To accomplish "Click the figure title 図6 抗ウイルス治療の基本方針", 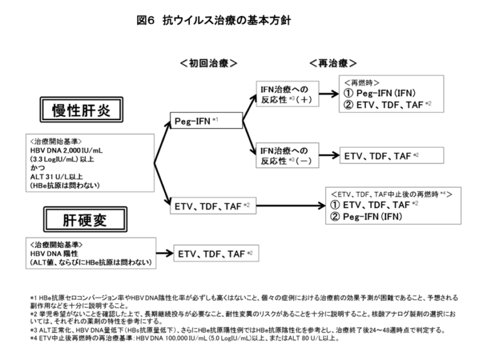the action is tap(214, 21).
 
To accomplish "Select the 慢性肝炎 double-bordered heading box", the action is tap(82, 110).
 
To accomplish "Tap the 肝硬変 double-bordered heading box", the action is tap(86, 220).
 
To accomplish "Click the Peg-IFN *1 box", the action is tap(206, 121).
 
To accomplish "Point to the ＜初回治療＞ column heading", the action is tap(209, 63).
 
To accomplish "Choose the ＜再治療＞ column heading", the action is tap(333, 63).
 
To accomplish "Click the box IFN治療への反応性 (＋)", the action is tap(287, 94).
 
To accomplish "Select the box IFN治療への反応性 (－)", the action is tap(287, 155).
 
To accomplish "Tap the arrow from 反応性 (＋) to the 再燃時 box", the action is tap(329, 94).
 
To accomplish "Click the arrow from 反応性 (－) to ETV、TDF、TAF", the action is tap(329, 155).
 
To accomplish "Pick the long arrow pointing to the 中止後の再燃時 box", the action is tap(291, 205).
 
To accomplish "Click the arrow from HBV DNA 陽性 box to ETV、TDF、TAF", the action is tap(165, 253).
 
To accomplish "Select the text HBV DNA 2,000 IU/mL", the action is tap(67, 150).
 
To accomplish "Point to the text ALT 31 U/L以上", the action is tap(57, 177).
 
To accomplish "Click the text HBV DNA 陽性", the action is tap(54, 254).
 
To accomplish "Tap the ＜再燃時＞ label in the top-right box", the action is tap(362, 83).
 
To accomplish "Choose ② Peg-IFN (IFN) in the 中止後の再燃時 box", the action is tap(366, 217).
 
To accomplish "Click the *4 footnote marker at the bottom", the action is tap(34, 338).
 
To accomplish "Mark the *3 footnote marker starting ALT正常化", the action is tap(34, 330).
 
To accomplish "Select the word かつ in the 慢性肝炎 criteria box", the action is tap(38, 168).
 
